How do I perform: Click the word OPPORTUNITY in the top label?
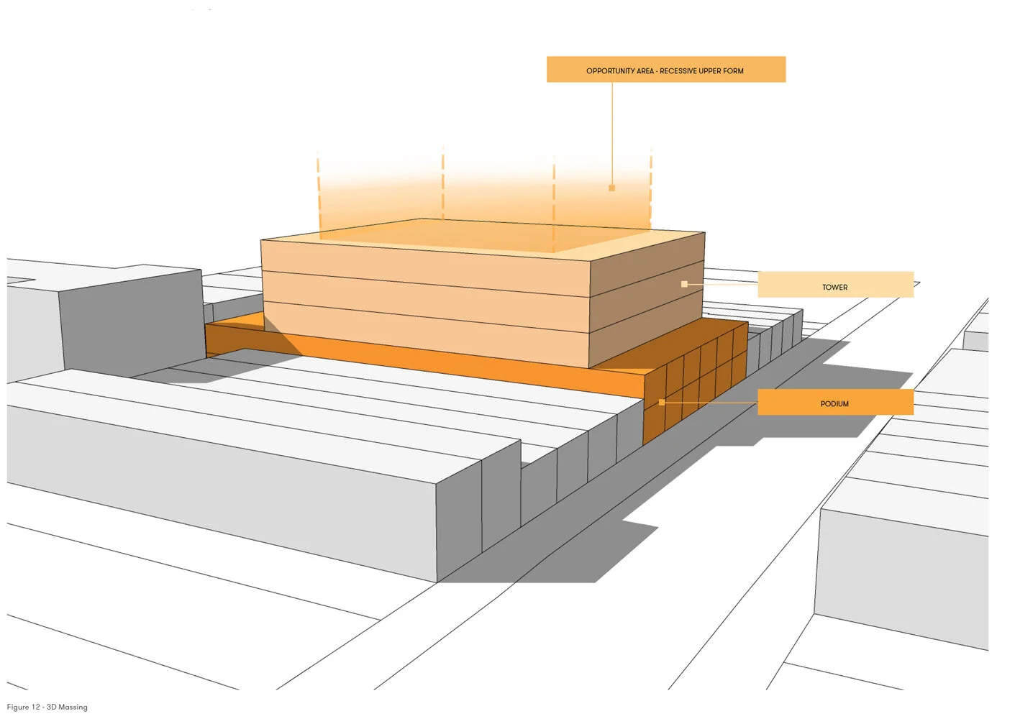click(x=610, y=71)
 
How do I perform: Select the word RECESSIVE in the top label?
click(x=678, y=71)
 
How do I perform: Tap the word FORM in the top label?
click(x=734, y=71)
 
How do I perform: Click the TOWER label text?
click(x=834, y=288)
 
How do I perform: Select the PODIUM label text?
click(x=834, y=404)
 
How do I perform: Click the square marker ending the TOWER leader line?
click(x=684, y=285)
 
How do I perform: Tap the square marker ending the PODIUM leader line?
click(x=662, y=403)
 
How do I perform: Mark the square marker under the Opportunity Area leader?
click(x=612, y=188)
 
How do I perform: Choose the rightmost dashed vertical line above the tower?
click(x=651, y=187)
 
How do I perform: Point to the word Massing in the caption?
click(x=73, y=707)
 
